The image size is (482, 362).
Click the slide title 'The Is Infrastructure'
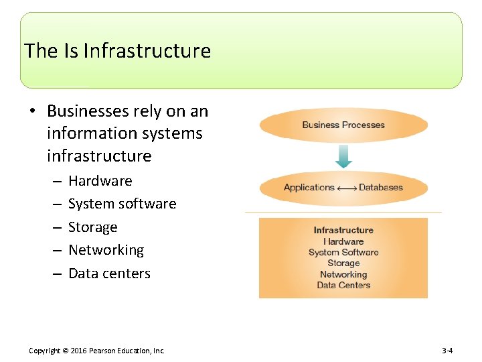tap(117, 51)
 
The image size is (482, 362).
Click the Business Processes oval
tap(343, 125)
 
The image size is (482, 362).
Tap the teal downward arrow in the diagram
tap(343, 156)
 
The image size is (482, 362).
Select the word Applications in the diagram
tap(309, 188)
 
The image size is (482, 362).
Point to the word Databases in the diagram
tap(382, 188)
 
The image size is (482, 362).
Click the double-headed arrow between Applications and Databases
tap(346, 188)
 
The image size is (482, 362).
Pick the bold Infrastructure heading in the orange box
tap(343, 230)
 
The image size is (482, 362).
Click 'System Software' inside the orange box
tap(343, 252)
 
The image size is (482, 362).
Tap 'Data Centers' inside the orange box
tap(343, 285)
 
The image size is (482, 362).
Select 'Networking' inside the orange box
tap(343, 274)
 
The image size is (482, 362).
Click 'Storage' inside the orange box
tap(343, 263)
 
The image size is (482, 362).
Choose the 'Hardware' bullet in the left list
tap(100, 181)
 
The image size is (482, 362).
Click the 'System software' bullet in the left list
tap(122, 204)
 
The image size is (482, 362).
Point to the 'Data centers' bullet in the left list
tap(109, 274)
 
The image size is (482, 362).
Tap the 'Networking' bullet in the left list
tap(106, 250)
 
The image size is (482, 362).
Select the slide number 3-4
tap(448, 351)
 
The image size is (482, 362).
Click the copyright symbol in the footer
tap(66, 351)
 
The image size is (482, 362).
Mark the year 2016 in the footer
tap(80, 351)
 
